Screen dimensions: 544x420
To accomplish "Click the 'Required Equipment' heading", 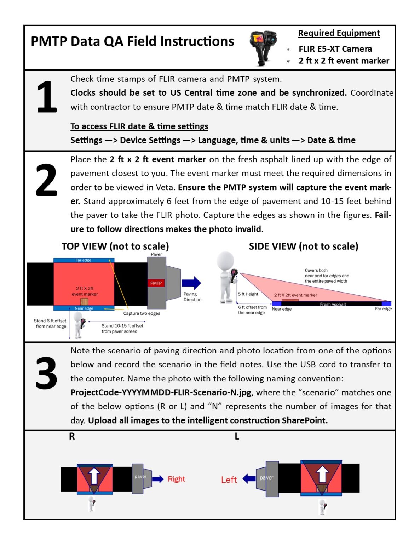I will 339,33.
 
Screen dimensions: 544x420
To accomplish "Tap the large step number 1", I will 47,97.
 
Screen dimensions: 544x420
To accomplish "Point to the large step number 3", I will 46,373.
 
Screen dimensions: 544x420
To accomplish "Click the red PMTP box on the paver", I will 156,283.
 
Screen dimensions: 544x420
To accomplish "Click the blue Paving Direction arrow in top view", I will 191,283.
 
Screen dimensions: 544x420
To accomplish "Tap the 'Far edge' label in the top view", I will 83,260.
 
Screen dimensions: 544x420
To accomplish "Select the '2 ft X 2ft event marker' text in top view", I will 85,291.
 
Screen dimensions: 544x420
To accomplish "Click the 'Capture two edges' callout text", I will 142,313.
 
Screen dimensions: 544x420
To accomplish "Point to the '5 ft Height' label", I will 248,294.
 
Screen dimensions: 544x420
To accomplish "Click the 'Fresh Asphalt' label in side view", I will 333,304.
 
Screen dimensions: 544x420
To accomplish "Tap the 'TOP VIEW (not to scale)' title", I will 115,246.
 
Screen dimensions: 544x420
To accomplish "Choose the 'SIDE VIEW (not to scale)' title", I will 303,246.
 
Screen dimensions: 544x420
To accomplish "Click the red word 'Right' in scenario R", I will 176,479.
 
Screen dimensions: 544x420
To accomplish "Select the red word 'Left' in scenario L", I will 229,480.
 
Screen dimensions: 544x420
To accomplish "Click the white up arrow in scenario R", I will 94,475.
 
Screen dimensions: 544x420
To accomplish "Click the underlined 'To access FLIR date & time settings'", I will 139,126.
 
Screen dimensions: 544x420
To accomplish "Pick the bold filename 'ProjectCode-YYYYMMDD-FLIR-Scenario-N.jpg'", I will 161,392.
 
